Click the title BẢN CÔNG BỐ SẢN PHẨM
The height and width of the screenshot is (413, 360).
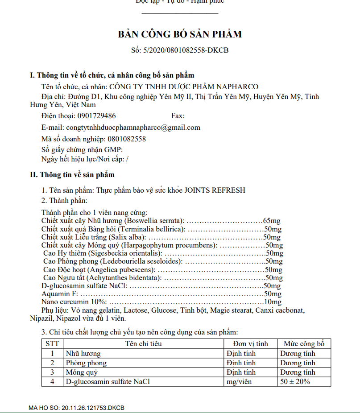[180, 34]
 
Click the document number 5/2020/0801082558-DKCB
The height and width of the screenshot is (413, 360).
[186, 50]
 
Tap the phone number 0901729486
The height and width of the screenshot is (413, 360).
[96, 116]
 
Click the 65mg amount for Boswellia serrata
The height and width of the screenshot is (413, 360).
[271, 221]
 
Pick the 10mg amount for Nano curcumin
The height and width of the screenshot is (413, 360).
[273, 302]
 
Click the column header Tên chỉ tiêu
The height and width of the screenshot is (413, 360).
[143, 344]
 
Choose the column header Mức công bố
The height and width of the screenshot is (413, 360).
[304, 344]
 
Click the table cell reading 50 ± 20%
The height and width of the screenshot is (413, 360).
[295, 382]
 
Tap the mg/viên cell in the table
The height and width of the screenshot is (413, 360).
[240, 382]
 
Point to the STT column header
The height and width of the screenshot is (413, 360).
[53, 344]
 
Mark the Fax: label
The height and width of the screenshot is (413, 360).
[178, 116]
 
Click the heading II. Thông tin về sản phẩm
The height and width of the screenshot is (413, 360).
[72, 175]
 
